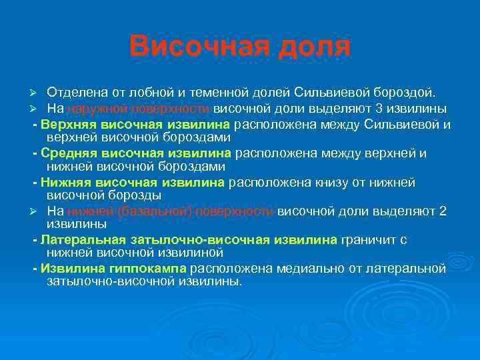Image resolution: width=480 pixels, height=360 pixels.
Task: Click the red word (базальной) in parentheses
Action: [143, 211]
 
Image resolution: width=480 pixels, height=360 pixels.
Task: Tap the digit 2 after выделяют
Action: [443, 211]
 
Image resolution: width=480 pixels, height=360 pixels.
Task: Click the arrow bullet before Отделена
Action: [39, 91]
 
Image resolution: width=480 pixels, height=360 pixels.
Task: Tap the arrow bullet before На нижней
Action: [39, 211]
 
